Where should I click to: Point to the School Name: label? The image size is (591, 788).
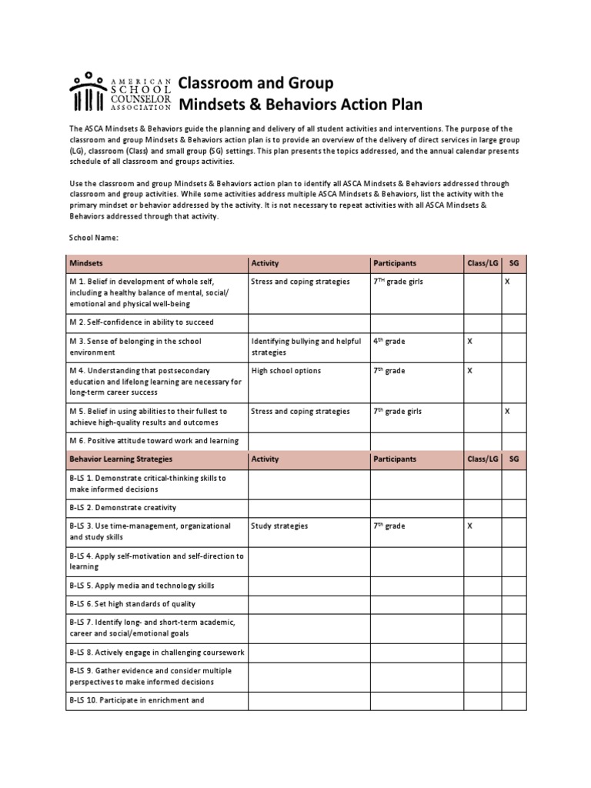point(94,238)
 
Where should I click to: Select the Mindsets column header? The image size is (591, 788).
point(86,263)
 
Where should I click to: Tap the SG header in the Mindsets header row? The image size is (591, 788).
point(514,263)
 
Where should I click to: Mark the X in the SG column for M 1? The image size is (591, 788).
point(507,282)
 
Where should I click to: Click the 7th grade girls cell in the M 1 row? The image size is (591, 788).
point(398,282)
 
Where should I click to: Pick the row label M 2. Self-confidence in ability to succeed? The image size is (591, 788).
point(142,322)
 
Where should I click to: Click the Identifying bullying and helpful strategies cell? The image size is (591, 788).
point(306,346)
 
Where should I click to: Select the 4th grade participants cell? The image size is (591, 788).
point(390,341)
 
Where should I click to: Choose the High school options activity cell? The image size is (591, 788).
point(285,371)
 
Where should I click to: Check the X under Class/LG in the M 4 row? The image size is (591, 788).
point(470,371)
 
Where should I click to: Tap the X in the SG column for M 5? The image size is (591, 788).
point(507,411)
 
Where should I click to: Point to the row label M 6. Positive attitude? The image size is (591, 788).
point(154,441)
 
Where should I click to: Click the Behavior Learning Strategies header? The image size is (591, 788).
point(121,459)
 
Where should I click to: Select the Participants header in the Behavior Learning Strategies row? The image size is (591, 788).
point(395,459)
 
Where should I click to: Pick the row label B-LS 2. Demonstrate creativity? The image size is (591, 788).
point(123,507)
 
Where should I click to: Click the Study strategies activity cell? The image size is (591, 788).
point(279,526)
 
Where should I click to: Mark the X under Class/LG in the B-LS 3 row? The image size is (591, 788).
point(470,526)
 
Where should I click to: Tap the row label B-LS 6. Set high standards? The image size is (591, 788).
point(132,604)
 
